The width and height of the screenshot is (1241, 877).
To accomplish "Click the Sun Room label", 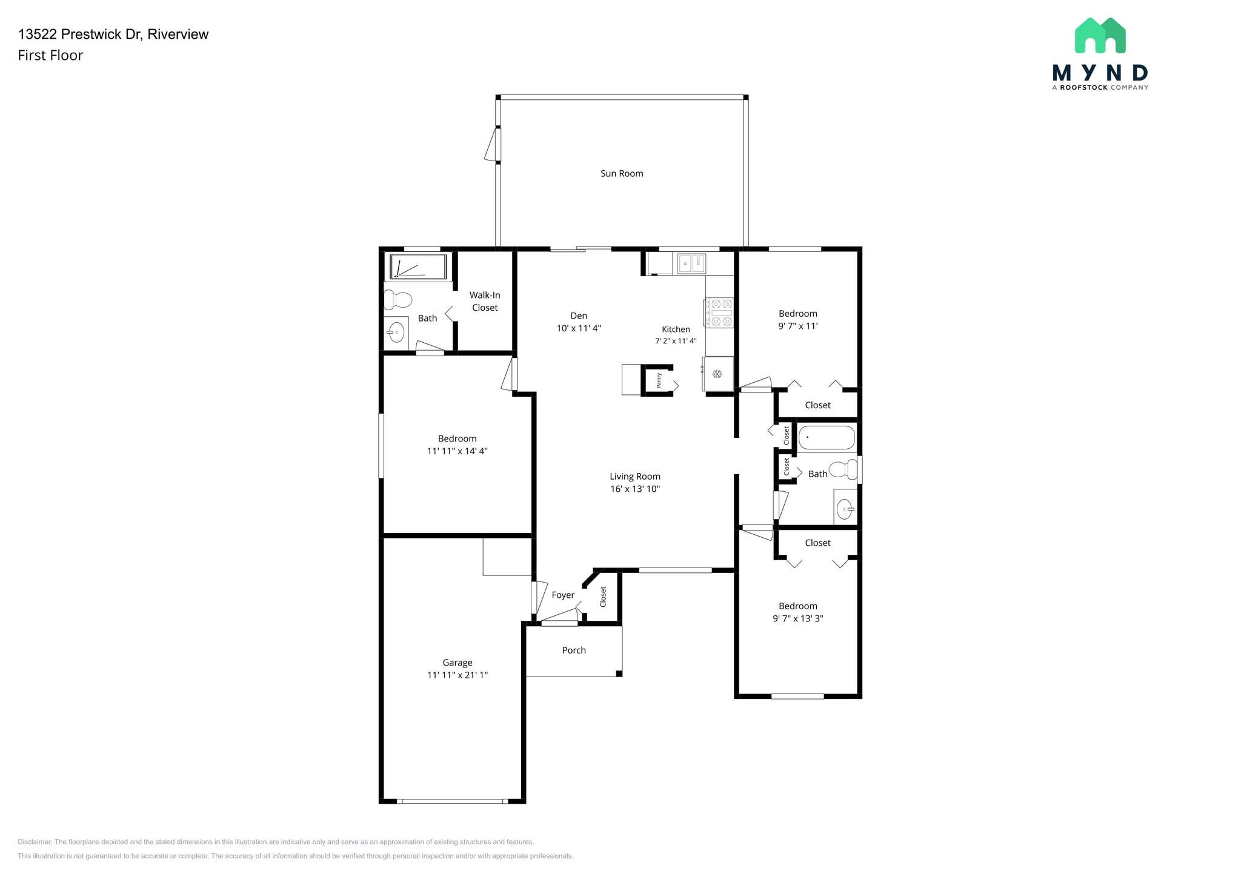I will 622,174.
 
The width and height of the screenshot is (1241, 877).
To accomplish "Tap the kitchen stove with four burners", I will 719,313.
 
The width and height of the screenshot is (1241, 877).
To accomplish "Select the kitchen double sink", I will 691,263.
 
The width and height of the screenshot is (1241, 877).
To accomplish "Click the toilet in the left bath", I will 398,299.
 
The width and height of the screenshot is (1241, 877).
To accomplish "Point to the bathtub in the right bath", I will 827,437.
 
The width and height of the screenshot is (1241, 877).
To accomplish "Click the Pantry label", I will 659,381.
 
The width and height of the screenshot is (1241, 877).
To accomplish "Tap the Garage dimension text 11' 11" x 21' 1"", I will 457,675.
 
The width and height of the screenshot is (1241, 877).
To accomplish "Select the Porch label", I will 574,650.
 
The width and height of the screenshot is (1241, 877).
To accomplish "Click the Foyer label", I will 563,595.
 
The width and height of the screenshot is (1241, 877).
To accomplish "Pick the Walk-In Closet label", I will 485,302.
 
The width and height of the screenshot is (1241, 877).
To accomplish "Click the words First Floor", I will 50,56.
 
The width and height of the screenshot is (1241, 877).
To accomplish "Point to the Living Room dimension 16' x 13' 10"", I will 635,489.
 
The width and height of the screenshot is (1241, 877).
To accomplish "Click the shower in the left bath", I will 418,267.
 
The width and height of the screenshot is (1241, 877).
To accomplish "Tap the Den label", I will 579,316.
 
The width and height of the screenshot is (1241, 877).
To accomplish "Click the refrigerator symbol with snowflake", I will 718,374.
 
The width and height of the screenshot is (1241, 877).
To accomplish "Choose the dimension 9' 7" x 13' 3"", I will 797,619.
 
